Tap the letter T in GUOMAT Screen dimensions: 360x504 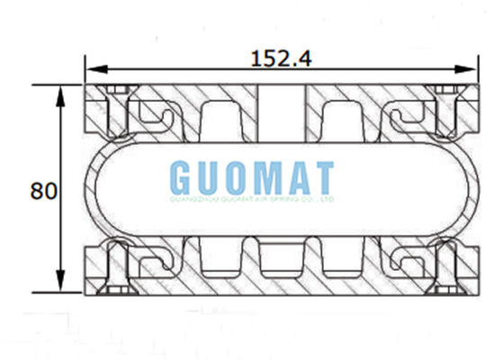[323, 176]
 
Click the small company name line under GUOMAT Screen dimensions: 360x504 [252, 200]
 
